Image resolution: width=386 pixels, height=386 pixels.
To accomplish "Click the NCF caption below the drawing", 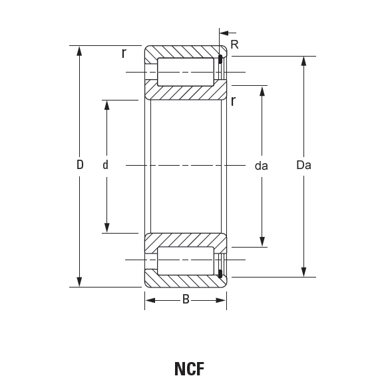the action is click(189, 369).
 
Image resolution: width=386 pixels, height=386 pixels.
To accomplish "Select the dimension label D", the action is click(80, 164).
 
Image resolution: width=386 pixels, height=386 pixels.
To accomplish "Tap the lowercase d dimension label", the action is click(105, 164).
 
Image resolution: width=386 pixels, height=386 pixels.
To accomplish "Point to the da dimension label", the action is click(261, 166).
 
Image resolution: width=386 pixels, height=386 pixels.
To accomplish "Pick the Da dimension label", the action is click(303, 164).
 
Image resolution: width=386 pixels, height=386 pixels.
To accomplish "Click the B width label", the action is click(186, 299).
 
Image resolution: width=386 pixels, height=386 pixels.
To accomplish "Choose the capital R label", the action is click(235, 45).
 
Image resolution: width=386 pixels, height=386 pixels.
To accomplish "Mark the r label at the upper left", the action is click(124, 53).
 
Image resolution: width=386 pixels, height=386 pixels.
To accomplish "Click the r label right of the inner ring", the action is click(233, 100).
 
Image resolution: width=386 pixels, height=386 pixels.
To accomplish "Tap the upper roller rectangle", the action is click(186, 72).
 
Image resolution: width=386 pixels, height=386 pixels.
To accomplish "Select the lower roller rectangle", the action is click(186, 261).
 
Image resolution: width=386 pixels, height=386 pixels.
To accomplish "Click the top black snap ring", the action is click(220, 59).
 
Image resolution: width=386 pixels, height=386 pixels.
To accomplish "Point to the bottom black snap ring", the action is click(220, 274).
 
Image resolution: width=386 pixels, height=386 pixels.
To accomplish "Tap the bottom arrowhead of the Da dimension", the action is click(303, 272).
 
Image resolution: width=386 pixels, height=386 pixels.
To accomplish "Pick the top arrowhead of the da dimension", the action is click(262, 91).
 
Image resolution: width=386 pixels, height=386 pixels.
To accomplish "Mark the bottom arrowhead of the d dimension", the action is click(106, 228).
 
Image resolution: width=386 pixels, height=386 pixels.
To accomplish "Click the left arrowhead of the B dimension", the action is click(150, 300).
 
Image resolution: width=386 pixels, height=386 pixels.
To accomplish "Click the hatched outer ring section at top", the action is click(186, 52).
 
